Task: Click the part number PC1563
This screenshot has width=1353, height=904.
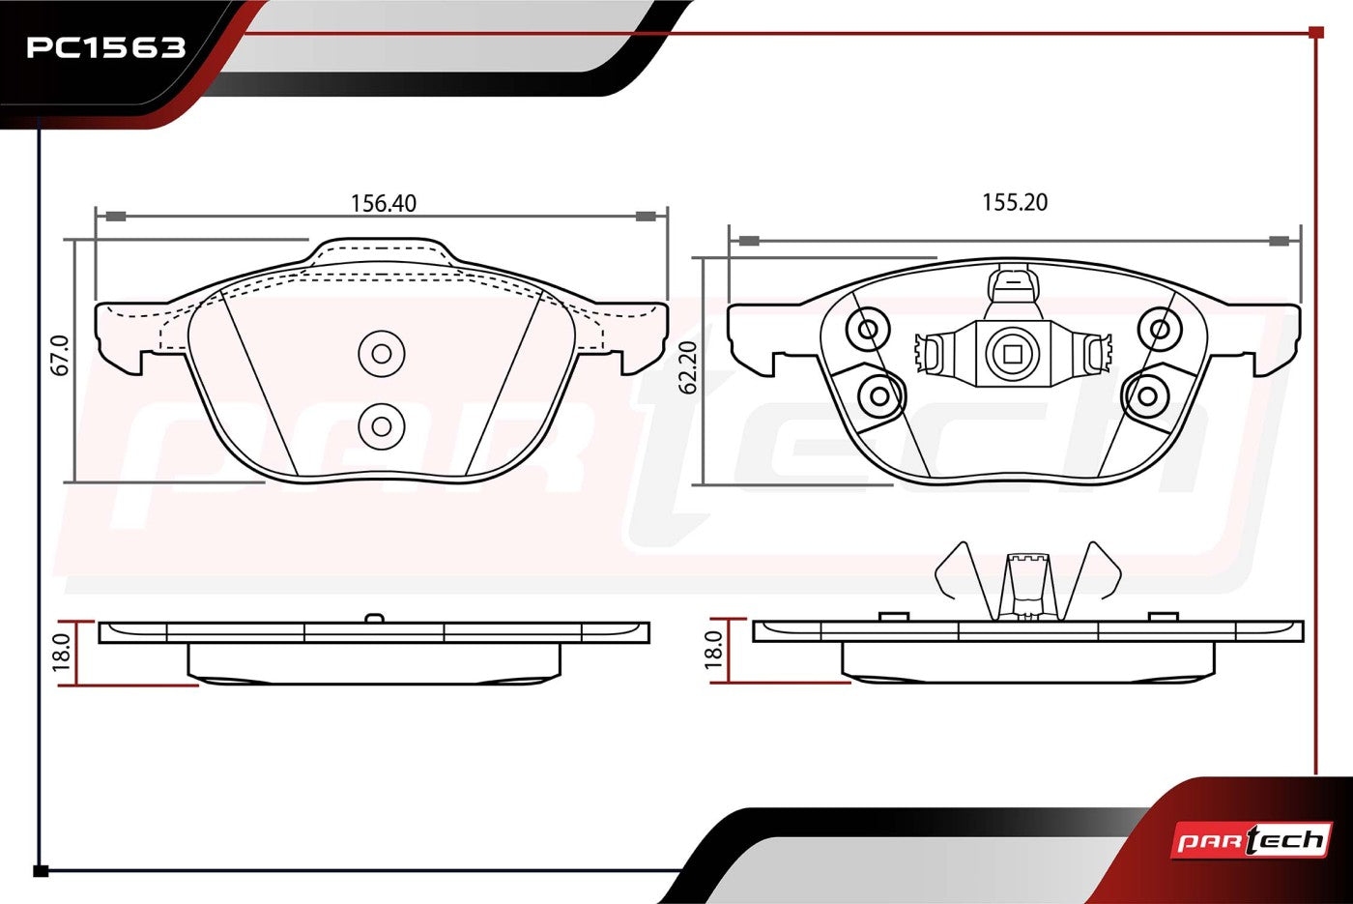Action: tap(105, 47)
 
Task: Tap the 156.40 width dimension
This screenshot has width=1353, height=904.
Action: tap(384, 204)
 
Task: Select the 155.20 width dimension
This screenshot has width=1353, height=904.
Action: tap(1015, 202)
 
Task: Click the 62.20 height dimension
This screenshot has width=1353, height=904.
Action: tap(688, 367)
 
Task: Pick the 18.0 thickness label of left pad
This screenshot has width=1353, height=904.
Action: tap(62, 654)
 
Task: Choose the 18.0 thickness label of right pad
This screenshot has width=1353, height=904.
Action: tap(713, 650)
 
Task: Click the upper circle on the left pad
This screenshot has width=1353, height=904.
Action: tap(381, 354)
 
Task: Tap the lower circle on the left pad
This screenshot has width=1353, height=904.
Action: tap(381, 426)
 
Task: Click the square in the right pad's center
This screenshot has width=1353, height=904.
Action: tap(1013, 354)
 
